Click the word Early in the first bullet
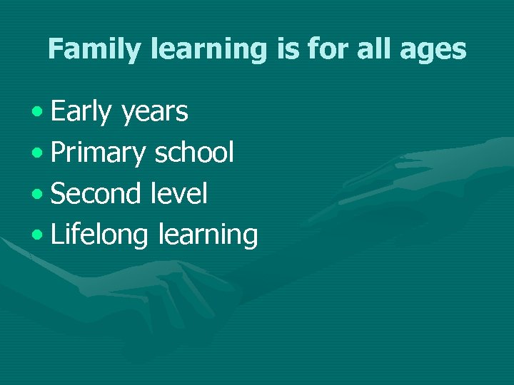(81, 112)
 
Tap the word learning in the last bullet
(208, 235)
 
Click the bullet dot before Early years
(37, 113)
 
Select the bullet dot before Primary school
(37, 153)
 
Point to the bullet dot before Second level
(37, 194)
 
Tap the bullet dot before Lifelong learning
(37, 235)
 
